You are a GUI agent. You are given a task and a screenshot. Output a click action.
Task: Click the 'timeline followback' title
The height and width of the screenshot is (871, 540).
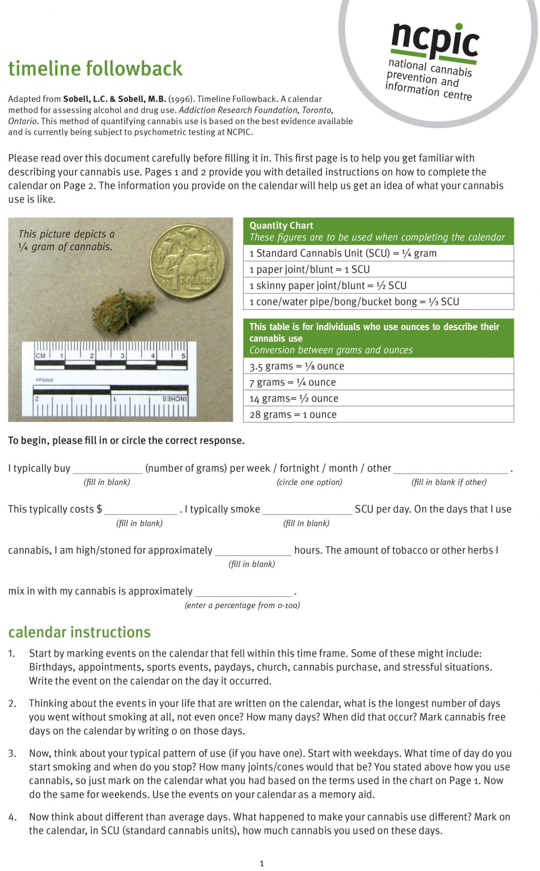click(95, 68)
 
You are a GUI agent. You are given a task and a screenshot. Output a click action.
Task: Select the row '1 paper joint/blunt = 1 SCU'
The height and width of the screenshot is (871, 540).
click(378, 269)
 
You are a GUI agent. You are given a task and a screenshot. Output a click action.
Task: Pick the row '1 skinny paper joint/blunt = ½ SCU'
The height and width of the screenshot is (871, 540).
click(378, 285)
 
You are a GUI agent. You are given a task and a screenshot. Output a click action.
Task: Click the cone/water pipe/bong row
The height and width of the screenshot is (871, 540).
click(378, 302)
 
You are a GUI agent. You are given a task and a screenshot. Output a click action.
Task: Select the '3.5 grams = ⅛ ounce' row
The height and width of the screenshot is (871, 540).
click(378, 366)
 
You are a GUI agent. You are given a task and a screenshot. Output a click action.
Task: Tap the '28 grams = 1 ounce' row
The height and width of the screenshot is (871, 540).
click(378, 415)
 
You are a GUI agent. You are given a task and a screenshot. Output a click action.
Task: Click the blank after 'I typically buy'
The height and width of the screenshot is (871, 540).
click(107, 469)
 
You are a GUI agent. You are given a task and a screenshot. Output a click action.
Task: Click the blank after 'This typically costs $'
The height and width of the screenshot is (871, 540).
click(141, 510)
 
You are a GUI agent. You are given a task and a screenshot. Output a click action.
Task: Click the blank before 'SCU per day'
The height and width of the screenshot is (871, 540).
click(307, 510)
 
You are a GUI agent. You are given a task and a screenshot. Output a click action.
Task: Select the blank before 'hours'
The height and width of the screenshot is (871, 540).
click(253, 551)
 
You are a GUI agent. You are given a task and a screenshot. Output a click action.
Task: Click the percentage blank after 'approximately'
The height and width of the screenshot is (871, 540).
click(243, 592)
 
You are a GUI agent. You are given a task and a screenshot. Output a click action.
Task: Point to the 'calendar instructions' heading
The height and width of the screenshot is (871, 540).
click(79, 632)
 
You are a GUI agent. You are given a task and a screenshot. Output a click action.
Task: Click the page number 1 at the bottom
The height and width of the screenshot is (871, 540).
click(262, 863)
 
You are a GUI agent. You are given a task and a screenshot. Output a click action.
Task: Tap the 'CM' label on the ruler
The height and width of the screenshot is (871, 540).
click(41, 356)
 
